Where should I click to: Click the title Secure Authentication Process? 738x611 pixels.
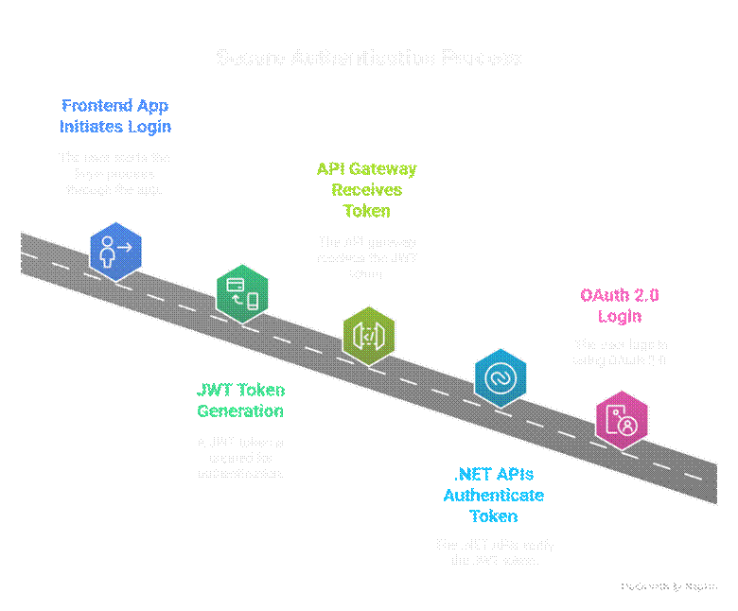pos(368,58)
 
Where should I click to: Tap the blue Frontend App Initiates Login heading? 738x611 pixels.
pos(115,115)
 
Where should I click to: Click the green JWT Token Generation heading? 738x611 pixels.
pos(240,401)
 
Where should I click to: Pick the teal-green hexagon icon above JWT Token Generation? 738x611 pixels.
pos(242,293)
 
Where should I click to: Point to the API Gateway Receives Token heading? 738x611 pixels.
pos(367,190)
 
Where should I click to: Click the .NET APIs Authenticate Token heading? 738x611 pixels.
pos(494,495)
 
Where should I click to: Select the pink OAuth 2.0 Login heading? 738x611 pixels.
pos(620,305)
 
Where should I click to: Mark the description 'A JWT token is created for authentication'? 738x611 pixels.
pos(240,457)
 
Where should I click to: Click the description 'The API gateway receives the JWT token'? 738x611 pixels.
pos(367,258)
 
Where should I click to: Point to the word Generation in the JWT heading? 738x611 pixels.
pos(240,411)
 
